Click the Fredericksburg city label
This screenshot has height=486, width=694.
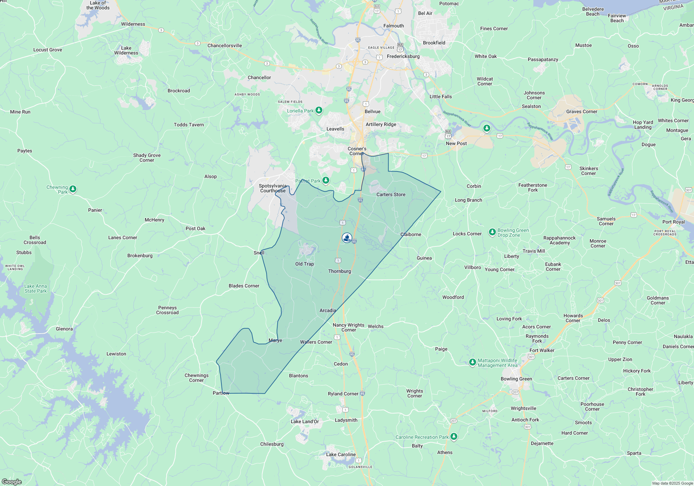pyautogui.click(x=403, y=56)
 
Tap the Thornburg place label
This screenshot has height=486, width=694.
pyautogui.click(x=339, y=271)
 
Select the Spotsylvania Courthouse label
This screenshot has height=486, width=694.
pyautogui.click(x=273, y=188)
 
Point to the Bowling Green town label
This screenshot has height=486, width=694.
pyautogui.click(x=516, y=379)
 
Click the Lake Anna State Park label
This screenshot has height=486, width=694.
pyautogui.click(x=35, y=288)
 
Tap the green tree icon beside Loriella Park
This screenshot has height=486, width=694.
pyautogui.click(x=319, y=110)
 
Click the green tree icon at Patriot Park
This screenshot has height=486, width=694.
pyautogui.click(x=325, y=180)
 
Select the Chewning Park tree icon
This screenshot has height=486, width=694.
pyautogui.click(x=73, y=189)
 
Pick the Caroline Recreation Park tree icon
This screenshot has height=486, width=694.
pyautogui.click(x=454, y=437)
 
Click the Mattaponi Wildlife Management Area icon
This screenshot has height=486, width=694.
pyautogui.click(x=472, y=362)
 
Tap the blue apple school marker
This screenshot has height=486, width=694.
pyautogui.click(x=347, y=237)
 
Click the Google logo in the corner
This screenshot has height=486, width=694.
pyautogui.click(x=11, y=481)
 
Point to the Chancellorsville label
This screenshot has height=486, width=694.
pyautogui.click(x=225, y=45)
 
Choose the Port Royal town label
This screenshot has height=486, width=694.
pyautogui.click(x=673, y=222)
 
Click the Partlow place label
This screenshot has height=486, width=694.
pyautogui.click(x=221, y=393)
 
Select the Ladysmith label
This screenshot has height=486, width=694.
pyautogui.click(x=346, y=420)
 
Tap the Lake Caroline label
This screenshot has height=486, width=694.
pyautogui.click(x=341, y=454)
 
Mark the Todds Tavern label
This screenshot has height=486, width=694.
pyautogui.click(x=189, y=125)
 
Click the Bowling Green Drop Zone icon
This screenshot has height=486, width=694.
pyautogui.click(x=492, y=232)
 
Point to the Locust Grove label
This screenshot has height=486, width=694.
pyautogui.click(x=48, y=50)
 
